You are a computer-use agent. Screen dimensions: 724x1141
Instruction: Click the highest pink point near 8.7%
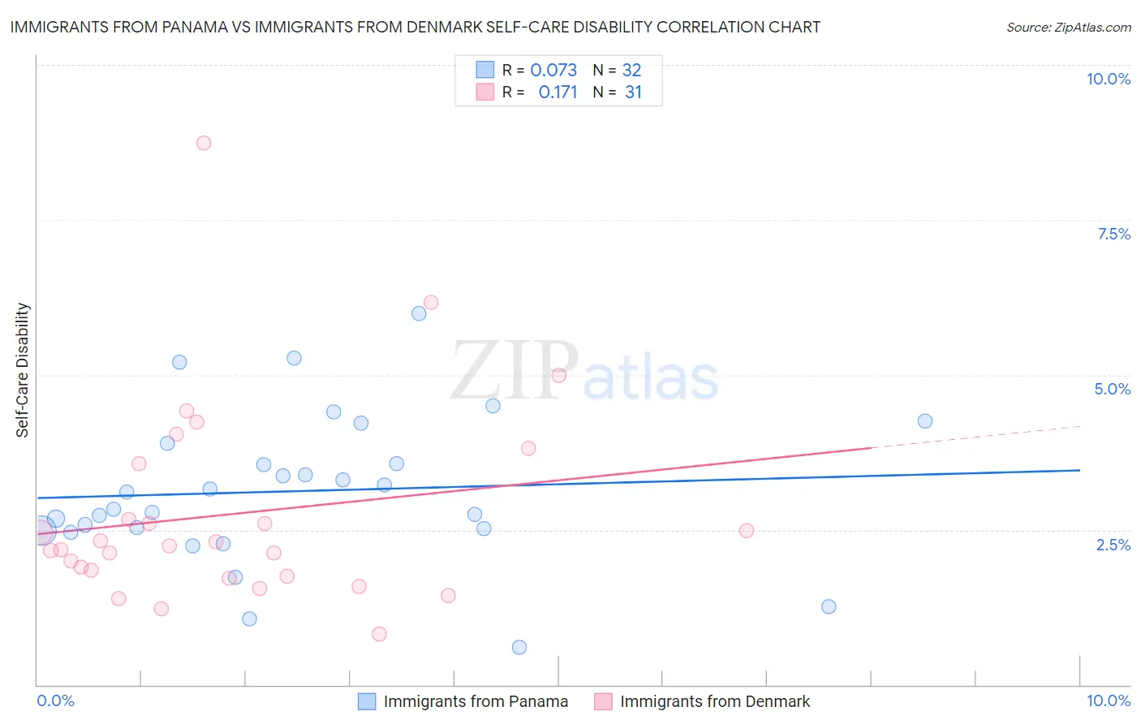[204, 143]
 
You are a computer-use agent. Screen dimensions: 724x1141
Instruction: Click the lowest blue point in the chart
[519, 647]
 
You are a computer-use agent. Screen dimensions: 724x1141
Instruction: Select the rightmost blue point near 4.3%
[925, 421]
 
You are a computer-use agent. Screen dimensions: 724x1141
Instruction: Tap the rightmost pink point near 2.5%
[747, 531]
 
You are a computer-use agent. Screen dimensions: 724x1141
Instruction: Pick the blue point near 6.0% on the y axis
[419, 313]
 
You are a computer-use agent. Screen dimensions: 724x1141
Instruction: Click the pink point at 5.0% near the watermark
[558, 375]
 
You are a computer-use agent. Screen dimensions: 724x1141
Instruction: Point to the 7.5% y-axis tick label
[1113, 234]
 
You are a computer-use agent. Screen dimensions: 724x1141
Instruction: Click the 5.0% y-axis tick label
[1112, 389]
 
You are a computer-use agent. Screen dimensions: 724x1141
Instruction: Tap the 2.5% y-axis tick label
[1113, 545]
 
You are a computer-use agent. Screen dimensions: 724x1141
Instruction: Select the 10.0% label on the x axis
[1108, 700]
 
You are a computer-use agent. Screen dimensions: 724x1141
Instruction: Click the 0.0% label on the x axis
[56, 700]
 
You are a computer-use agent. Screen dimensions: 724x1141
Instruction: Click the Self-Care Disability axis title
[23, 370]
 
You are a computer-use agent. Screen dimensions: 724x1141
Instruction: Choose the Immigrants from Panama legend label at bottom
[476, 701]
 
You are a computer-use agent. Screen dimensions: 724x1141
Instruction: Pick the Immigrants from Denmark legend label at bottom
[715, 701]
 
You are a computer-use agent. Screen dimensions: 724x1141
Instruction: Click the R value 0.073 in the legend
[553, 71]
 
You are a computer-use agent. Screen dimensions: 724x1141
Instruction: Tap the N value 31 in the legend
[633, 93]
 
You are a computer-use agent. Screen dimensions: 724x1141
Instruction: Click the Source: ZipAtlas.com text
[1068, 28]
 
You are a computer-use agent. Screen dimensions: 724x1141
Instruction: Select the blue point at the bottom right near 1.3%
[829, 606]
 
